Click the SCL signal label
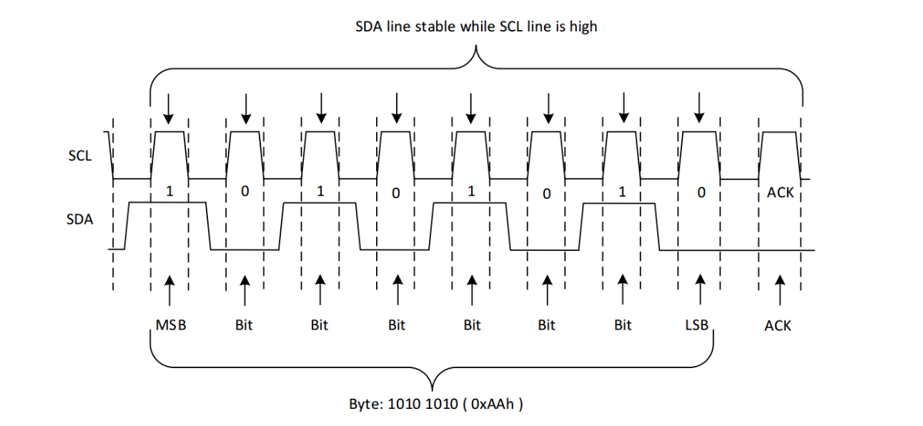(x=79, y=155)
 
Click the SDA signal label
(x=79, y=219)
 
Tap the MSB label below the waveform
(x=171, y=325)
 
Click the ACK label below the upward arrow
(x=778, y=326)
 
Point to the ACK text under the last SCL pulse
(x=780, y=192)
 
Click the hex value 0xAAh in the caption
(x=493, y=404)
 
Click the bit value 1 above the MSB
(x=169, y=192)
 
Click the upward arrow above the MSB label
(x=169, y=291)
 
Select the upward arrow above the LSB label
(x=700, y=291)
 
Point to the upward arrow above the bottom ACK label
(x=779, y=291)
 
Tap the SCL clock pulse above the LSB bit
(x=700, y=154)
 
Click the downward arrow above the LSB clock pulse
(x=700, y=107)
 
